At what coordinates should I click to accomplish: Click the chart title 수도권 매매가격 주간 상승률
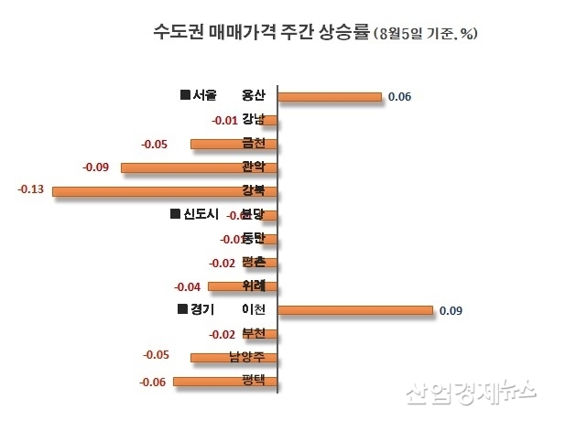coord(261,33)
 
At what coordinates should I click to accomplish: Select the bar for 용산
coord(329,96)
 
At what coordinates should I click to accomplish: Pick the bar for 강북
coord(165,191)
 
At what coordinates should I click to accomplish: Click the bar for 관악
coord(199,167)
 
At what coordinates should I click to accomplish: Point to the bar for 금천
coord(234,144)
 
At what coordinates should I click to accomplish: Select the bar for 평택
coord(224,382)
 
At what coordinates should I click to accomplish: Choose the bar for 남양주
coord(234,358)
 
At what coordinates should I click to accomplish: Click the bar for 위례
coord(243,286)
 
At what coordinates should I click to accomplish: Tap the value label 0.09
coord(451,311)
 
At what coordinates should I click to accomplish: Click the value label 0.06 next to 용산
coord(399,96)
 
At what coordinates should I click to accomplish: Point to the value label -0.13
coord(31,189)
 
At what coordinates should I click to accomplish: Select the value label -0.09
coord(96,167)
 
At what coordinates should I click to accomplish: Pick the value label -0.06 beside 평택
coord(152,382)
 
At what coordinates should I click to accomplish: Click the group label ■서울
coord(199,95)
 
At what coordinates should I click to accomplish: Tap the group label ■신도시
coord(195,215)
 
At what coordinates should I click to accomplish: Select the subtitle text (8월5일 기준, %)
coord(426,34)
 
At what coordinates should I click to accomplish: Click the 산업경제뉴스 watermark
coord(470,392)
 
